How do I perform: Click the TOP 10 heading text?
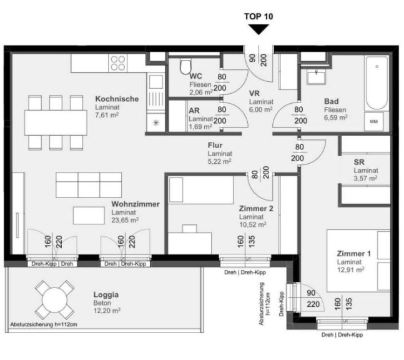tap(259, 16)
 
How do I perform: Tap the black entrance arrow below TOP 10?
tap(259, 29)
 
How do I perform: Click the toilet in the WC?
tap(185, 66)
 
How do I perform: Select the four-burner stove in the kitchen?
tap(118, 63)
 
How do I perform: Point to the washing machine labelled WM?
tap(373, 121)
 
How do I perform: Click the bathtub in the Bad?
tap(377, 83)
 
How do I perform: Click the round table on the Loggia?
tap(54, 300)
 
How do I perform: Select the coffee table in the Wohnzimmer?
tap(89, 216)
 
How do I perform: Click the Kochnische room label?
tap(117, 99)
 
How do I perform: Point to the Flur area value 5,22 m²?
tap(219, 162)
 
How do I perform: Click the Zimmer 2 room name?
tap(256, 208)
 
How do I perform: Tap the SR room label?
tap(359, 162)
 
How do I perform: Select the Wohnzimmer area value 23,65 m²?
tap(125, 220)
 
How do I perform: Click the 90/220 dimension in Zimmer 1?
tap(312, 299)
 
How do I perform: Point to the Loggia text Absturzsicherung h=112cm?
tap(44, 324)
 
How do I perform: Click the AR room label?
tap(194, 111)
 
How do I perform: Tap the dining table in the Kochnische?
tap(56, 122)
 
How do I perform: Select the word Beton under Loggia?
tap(102, 303)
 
